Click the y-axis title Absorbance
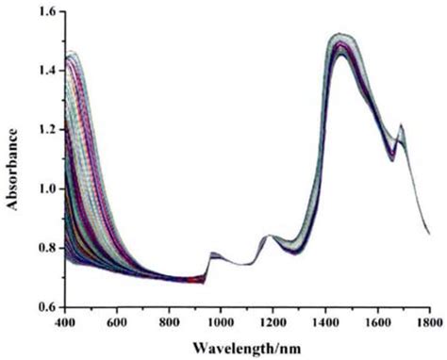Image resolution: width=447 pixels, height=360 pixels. click(x=12, y=158)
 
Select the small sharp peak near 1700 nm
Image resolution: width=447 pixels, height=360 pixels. click(x=401, y=125)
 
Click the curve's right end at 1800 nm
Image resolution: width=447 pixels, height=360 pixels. click(x=429, y=234)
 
